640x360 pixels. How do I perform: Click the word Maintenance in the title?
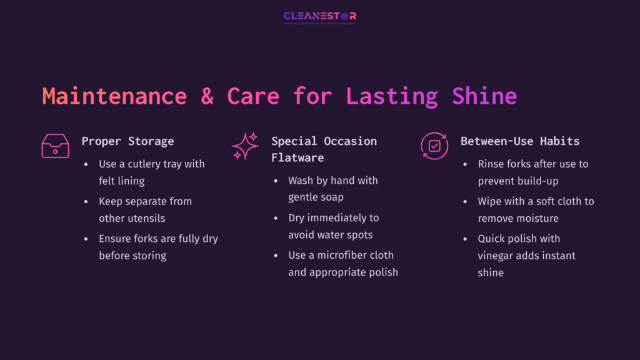click(114, 96)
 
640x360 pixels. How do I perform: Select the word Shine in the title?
click(484, 96)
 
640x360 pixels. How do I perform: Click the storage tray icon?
click(56, 146)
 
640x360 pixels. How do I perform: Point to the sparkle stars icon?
click(245, 146)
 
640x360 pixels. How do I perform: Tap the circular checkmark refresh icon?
click(434, 146)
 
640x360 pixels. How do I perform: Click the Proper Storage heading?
click(127, 141)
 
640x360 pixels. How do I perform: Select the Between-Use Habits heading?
click(520, 141)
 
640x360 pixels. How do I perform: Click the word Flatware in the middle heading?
click(297, 157)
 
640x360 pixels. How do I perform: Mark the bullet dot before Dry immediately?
click(276, 218)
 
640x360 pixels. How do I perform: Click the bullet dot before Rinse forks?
click(466, 164)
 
